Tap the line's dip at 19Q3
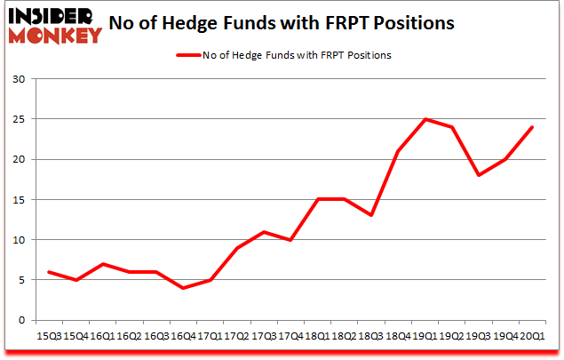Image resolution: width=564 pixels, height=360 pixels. pos(480,175)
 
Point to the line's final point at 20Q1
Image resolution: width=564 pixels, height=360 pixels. pos(531,127)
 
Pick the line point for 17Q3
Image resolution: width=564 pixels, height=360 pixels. pos(265,232)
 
